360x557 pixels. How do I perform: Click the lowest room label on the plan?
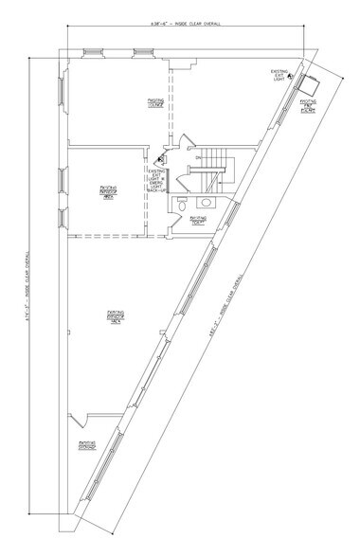pyautogui.click(x=86, y=444)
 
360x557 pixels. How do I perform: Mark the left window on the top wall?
pyautogui.click(x=93, y=52)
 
